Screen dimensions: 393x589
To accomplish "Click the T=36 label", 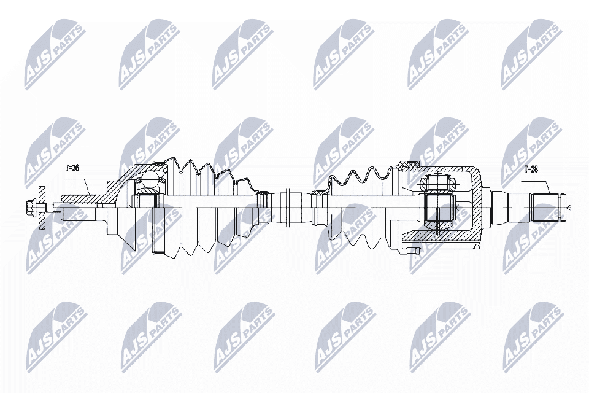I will click(72, 167).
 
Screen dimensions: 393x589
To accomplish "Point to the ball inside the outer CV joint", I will click(148, 180).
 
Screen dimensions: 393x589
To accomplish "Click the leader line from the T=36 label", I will click(86, 184).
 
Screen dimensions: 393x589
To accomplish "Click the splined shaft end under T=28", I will click(548, 208).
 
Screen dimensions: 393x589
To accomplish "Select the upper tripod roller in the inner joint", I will click(439, 182).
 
